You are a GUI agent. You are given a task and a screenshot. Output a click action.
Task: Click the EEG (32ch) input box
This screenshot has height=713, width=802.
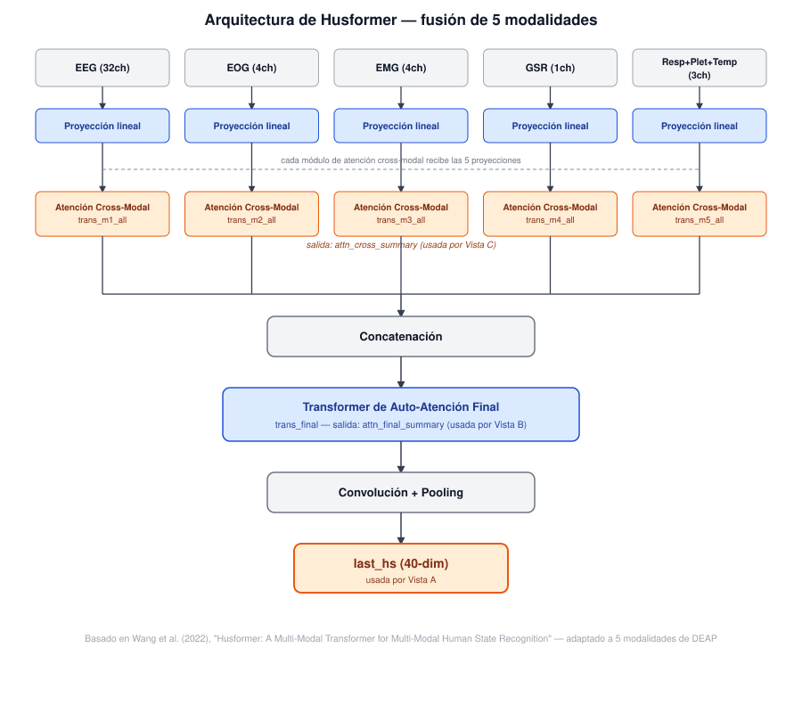(x=102, y=68)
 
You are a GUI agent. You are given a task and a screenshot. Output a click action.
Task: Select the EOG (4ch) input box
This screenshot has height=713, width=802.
(x=251, y=68)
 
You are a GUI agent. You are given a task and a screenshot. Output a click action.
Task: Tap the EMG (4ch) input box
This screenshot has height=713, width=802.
(x=401, y=68)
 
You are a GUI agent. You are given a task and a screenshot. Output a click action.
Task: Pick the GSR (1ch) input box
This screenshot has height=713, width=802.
(x=551, y=68)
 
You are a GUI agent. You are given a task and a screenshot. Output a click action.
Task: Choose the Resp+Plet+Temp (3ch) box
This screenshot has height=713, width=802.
(x=700, y=68)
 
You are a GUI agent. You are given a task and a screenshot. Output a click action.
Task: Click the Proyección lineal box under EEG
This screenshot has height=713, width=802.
(x=102, y=126)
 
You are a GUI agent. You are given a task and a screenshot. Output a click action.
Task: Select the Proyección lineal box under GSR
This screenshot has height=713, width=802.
(x=551, y=126)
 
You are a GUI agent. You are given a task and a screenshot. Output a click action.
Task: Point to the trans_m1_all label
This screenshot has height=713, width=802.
(x=102, y=220)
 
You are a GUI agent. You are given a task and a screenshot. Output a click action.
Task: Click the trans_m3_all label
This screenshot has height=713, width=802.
(x=401, y=220)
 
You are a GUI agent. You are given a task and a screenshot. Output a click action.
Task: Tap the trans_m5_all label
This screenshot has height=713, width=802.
(x=700, y=220)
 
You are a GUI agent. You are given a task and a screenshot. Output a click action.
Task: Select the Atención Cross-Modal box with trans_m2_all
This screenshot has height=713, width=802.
(x=251, y=214)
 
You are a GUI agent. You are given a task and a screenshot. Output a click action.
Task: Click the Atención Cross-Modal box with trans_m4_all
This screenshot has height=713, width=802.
(x=551, y=214)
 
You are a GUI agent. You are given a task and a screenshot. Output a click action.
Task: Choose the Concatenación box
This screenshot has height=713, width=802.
(x=401, y=337)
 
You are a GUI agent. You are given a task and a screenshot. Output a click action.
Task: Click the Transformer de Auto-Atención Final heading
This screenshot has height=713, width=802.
(x=401, y=407)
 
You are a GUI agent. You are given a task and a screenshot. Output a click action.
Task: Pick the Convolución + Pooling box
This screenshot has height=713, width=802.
(x=401, y=493)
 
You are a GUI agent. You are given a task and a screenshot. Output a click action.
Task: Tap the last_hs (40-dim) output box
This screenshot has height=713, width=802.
(x=401, y=569)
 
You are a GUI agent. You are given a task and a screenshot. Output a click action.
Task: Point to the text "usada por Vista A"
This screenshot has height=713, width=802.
(x=401, y=580)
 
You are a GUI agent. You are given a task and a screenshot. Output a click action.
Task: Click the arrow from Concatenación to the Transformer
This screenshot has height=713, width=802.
(x=401, y=372)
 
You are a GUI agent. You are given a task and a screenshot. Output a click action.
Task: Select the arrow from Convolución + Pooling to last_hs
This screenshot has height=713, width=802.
(x=401, y=528)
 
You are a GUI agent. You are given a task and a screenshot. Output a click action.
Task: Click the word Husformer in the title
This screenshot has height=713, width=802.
(x=358, y=20)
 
